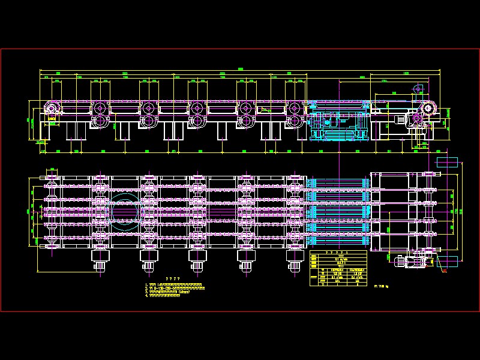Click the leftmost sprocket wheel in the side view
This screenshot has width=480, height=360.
[x=51, y=109]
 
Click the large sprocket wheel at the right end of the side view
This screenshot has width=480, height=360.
[x=428, y=109]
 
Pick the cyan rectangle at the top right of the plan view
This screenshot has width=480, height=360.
[x=446, y=162]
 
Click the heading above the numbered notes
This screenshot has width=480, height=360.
[x=173, y=278]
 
